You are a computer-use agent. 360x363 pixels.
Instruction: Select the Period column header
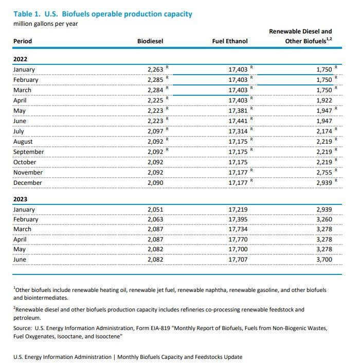pos(22,41)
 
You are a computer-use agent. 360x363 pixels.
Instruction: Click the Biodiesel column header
pos(150,41)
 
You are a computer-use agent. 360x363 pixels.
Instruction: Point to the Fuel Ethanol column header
pos(229,41)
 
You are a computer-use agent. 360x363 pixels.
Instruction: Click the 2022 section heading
pos(21,59)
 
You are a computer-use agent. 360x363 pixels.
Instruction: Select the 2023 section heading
pos(21,198)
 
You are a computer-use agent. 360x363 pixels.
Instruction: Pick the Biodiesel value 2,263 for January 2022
pos(155,70)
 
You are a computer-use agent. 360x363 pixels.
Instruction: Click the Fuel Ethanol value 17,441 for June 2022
pos(238,121)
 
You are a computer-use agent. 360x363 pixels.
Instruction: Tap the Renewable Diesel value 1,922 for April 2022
pos(324,100)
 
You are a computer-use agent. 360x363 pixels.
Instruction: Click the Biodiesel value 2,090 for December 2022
pos(155,183)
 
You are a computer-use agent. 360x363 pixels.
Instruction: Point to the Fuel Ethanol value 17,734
pos(238,229)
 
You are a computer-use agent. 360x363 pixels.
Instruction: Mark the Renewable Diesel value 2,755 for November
pos(324,172)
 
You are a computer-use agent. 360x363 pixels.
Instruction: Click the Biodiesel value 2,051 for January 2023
pos(155,209)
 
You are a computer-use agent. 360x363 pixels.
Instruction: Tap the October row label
pos(25,162)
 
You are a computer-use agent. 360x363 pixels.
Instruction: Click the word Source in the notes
pos(23,327)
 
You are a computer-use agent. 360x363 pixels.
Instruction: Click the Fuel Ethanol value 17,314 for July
pos(238,131)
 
